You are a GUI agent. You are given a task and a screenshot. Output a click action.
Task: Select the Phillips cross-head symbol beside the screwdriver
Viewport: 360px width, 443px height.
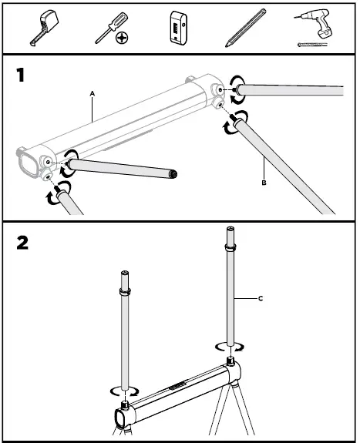pyautogui.click(x=121, y=36)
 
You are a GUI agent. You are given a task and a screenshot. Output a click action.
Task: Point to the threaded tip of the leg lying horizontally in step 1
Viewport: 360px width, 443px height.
pyautogui.click(x=174, y=174)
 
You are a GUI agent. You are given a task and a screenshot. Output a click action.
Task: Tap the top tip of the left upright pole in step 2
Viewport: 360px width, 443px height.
pyautogui.click(x=123, y=273)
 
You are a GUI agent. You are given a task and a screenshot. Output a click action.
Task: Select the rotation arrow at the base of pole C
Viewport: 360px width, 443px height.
pyautogui.click(x=229, y=347)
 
